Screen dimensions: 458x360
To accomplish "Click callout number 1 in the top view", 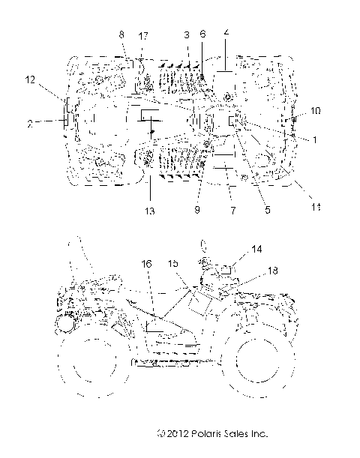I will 304,139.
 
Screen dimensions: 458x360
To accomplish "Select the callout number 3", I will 187,36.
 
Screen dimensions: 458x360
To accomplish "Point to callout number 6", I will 202,35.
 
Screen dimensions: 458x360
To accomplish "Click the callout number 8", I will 122,35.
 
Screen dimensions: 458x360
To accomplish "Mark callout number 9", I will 198,211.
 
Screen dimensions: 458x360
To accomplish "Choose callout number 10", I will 316,111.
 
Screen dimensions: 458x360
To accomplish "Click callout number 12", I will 29,79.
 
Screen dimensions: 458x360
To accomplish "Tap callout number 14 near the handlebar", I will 235,248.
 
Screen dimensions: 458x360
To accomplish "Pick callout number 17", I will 143,36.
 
